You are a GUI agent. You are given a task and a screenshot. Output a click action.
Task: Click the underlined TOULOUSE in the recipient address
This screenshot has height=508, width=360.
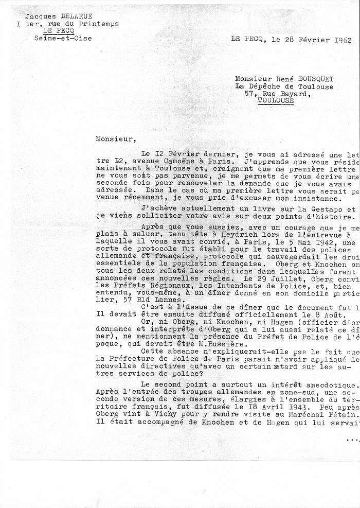pos(276,101)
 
